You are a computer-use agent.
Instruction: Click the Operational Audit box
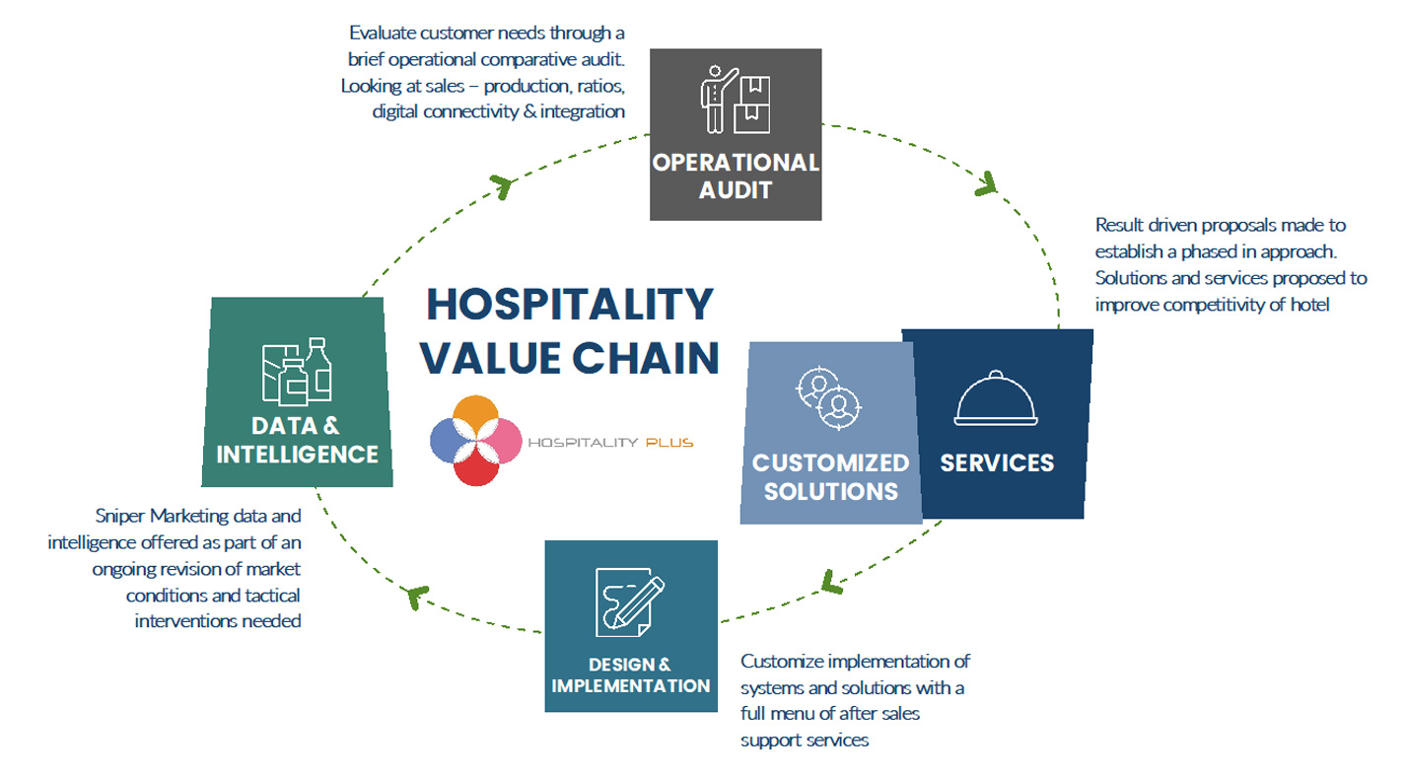(x=735, y=134)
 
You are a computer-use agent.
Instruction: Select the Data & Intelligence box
(x=297, y=391)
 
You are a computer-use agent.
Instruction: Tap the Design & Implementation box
(x=630, y=625)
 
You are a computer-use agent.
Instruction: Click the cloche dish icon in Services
(x=996, y=399)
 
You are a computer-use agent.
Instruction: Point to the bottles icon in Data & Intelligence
(x=297, y=372)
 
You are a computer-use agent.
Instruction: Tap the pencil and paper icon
(x=629, y=601)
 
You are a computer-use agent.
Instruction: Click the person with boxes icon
(x=735, y=99)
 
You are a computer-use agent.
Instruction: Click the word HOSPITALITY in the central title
(x=571, y=304)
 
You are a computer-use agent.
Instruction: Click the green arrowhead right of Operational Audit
(x=985, y=183)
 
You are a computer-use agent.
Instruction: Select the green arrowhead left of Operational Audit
(x=502, y=186)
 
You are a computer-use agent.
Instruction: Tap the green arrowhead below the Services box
(x=831, y=583)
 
